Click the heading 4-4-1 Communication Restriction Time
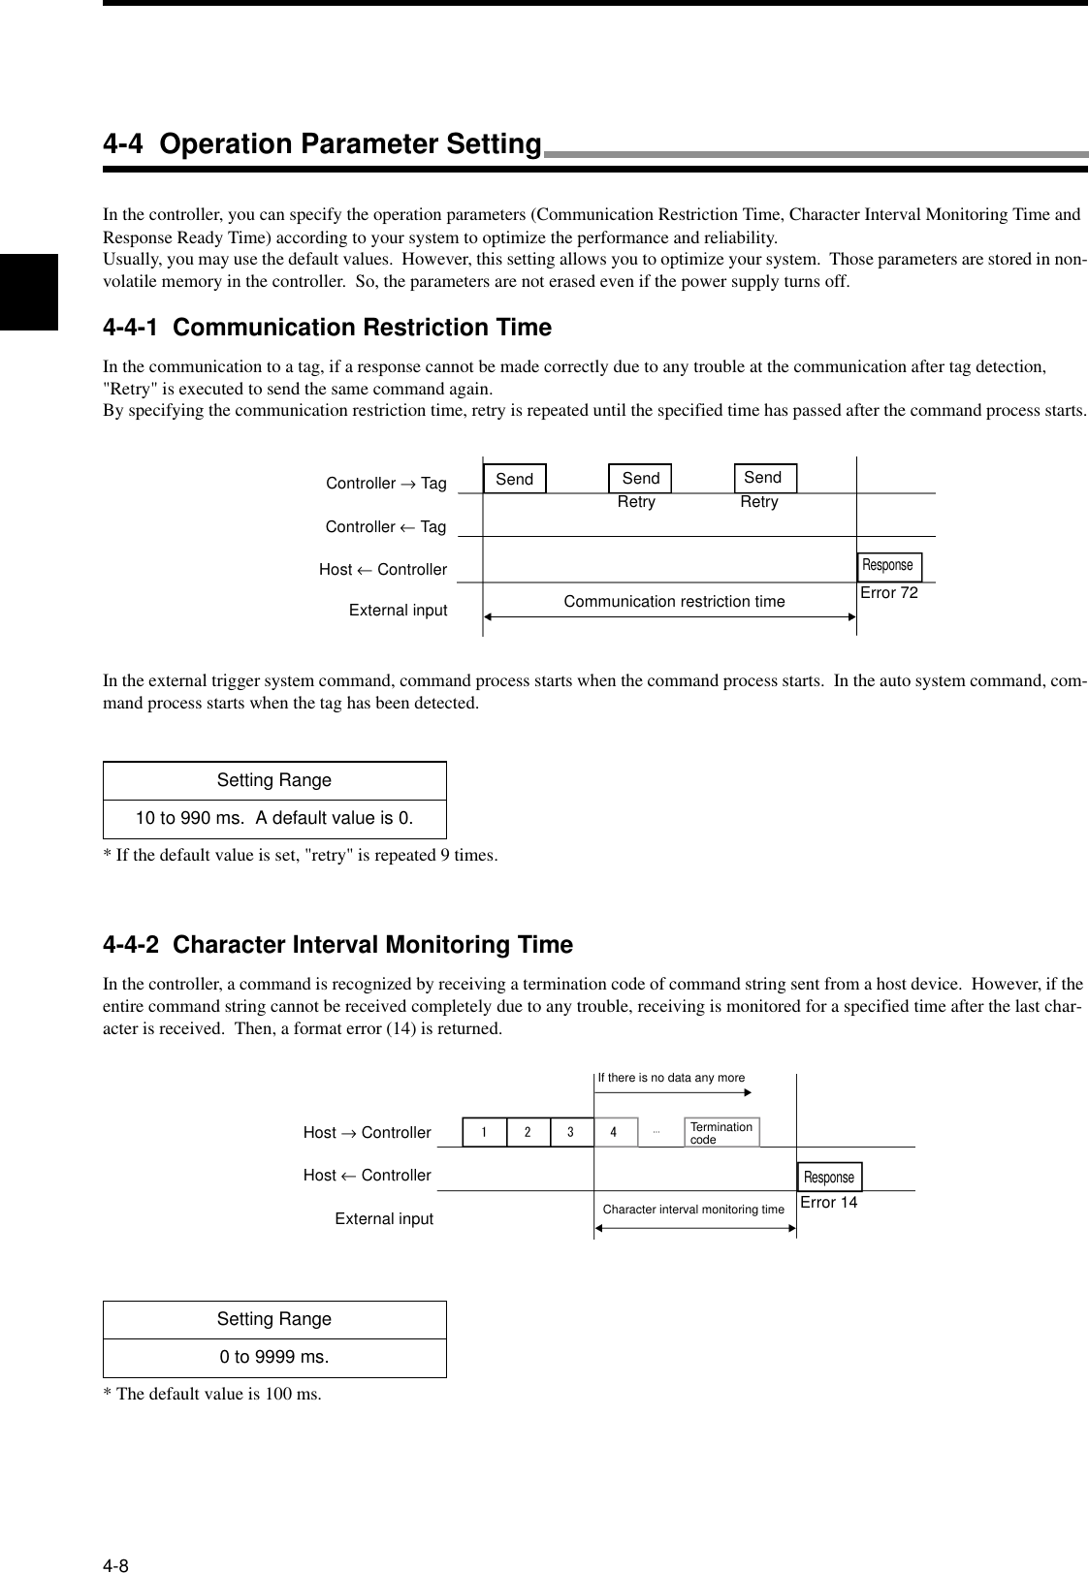327,328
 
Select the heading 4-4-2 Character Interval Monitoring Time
337,944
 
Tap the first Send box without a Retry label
515,479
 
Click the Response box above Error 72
888,566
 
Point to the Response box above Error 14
829,1177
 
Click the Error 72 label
888,592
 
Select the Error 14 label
828,1203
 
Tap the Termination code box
721,1132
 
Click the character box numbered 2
528,1132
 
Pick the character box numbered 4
615,1132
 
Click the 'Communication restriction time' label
674,602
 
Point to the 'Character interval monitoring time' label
693,1210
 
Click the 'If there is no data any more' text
671,1078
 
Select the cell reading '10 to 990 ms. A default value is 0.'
274,819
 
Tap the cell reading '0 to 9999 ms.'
274,1357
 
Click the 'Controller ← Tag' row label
386,527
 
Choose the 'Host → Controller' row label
367,1133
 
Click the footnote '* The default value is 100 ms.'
212,1395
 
